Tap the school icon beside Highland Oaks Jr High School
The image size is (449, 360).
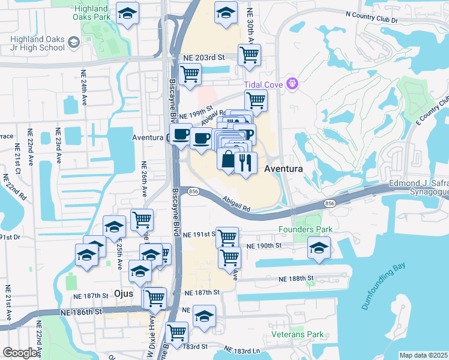(74, 42)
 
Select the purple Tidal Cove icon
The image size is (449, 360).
(292, 82)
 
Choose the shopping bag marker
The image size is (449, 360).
(228, 160)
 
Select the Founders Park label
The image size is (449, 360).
(301, 229)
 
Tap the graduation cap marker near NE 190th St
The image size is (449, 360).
(319, 247)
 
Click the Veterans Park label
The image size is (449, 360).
(298, 334)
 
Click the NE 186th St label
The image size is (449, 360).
(81, 313)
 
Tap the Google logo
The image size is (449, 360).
(20, 353)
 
